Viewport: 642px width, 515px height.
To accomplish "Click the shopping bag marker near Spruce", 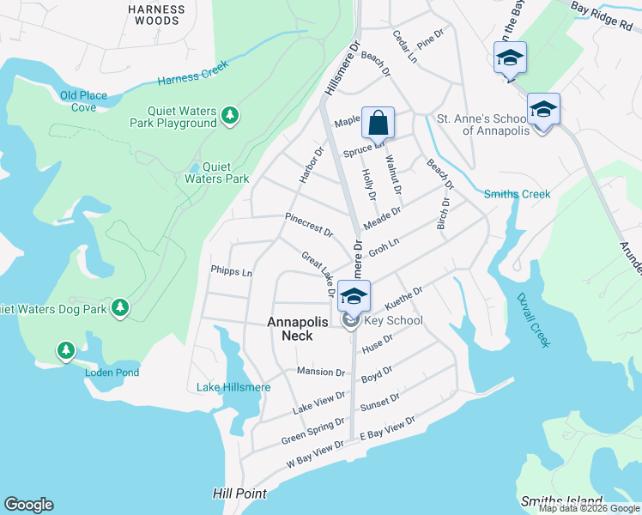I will [378, 124].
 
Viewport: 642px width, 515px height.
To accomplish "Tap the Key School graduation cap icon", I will [354, 298].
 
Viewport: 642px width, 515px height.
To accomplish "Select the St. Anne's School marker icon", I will [542, 111].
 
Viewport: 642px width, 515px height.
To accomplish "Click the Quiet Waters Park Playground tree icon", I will [229, 115].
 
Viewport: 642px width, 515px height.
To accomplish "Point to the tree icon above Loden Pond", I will [66, 350].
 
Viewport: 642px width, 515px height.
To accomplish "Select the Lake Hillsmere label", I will [233, 387].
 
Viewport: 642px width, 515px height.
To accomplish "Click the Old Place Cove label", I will [83, 101].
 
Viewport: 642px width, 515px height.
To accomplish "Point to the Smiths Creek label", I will [517, 194].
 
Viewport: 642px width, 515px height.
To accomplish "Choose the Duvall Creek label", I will [534, 320].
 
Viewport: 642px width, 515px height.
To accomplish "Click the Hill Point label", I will [239, 494].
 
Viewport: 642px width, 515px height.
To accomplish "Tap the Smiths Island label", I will [561, 500].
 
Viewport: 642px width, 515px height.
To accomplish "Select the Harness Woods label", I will [155, 15].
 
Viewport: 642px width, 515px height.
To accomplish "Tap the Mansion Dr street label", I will [320, 372].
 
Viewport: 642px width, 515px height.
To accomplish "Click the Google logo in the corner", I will [28, 505].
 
